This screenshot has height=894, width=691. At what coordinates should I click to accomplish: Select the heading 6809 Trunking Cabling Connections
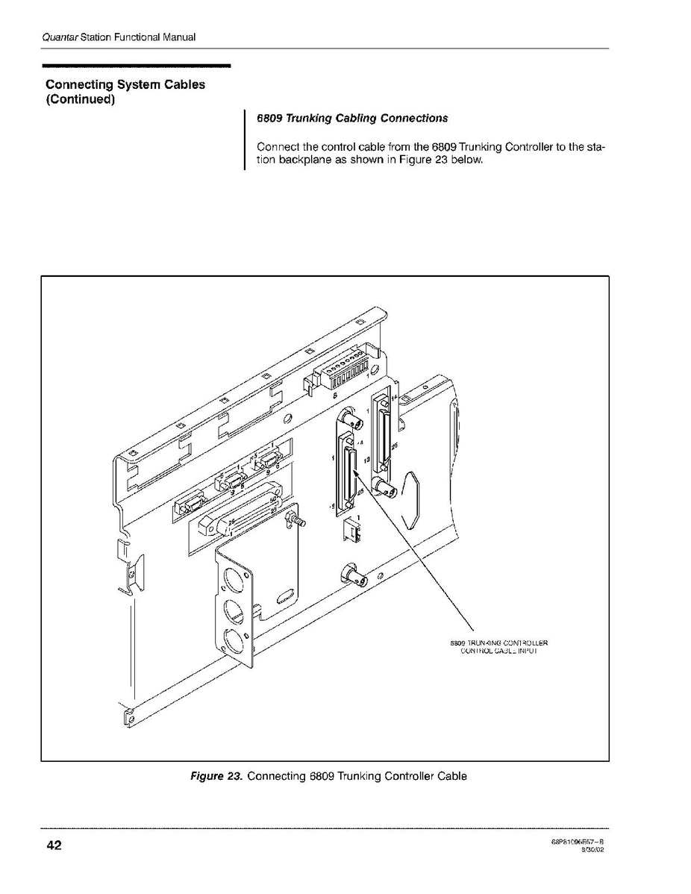[x=352, y=118]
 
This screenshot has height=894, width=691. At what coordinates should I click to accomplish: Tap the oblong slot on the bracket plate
[x=284, y=594]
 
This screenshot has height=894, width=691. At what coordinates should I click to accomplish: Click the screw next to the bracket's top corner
[x=298, y=517]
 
